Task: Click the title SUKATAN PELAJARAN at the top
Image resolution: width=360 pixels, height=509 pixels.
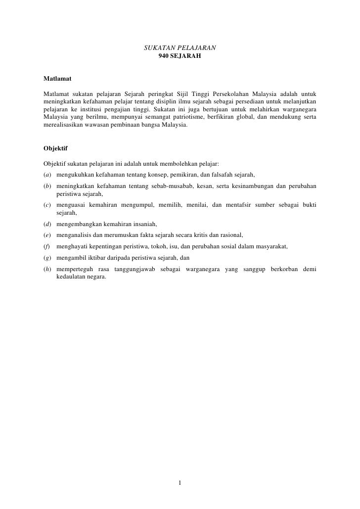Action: coord(180,48)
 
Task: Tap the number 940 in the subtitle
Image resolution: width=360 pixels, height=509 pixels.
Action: coord(163,56)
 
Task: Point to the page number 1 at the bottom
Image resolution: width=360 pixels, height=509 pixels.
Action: coord(180,483)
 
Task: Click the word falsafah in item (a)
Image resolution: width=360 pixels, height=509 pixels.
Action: coord(210,175)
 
